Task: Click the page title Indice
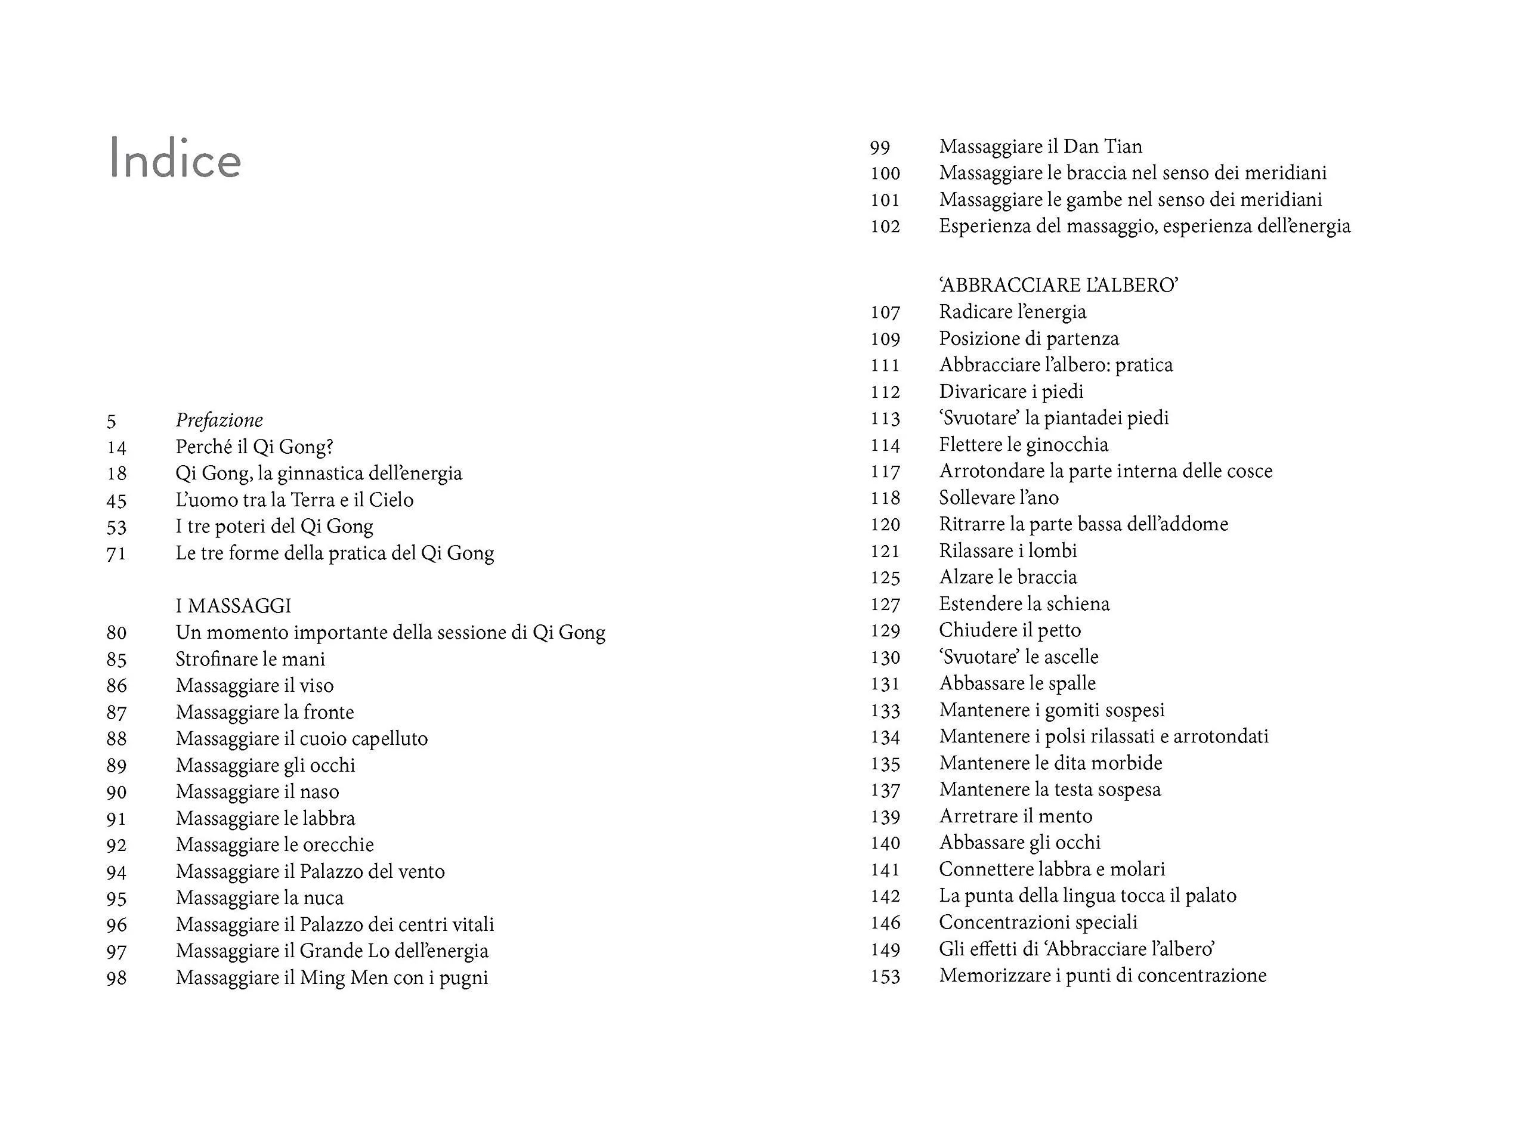click(x=175, y=159)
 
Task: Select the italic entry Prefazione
click(x=219, y=420)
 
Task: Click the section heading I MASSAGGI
click(x=233, y=606)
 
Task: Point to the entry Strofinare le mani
click(x=250, y=659)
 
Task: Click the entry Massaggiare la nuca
click(x=259, y=898)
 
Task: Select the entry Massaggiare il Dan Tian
click(x=1040, y=146)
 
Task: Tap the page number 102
click(x=885, y=227)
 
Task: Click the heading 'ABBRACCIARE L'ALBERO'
click(x=1058, y=285)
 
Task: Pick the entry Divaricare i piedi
click(x=1010, y=391)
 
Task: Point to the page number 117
click(x=885, y=471)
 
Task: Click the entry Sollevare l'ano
click(x=998, y=497)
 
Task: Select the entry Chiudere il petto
click(x=1009, y=630)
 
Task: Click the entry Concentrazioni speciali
click(x=1037, y=922)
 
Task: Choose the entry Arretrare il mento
click(x=1015, y=816)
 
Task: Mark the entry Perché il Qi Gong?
click(x=254, y=447)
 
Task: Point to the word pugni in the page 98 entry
click(x=463, y=978)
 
